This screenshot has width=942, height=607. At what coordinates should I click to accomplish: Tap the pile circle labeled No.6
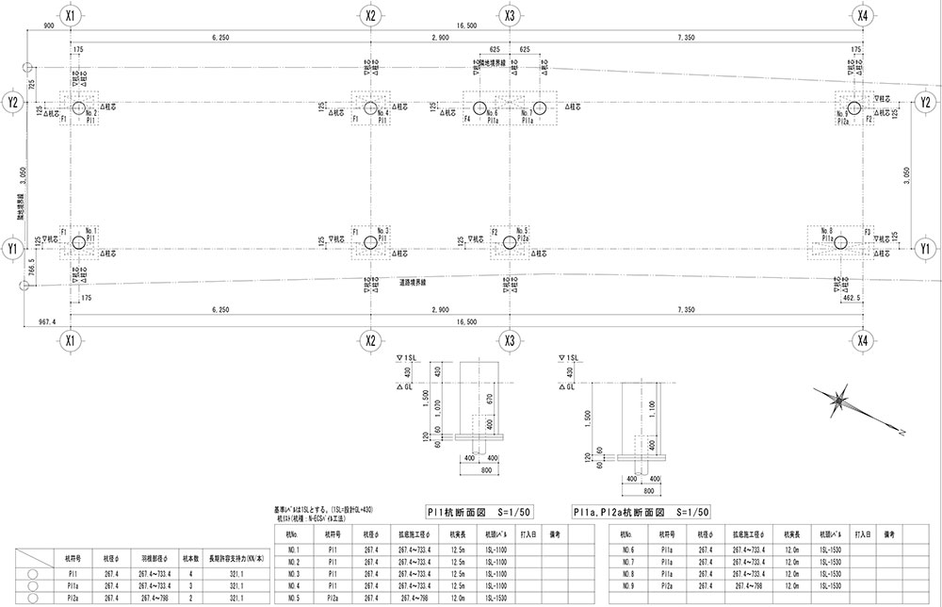(x=479, y=107)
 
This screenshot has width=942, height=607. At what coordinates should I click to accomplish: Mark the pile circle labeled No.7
(x=540, y=107)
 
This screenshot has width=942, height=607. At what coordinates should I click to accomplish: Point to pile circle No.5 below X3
(x=510, y=243)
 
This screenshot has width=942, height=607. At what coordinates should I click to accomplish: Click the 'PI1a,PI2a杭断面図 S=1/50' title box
(x=642, y=512)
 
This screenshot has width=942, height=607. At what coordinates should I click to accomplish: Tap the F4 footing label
(x=467, y=121)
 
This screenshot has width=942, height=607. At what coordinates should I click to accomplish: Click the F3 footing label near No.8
(x=868, y=230)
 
